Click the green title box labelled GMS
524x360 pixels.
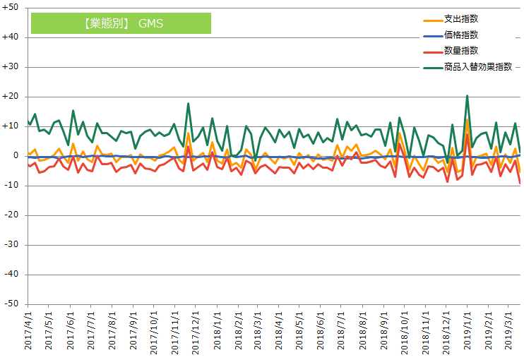121,23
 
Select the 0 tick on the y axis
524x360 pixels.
16,156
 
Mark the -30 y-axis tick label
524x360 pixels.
12,245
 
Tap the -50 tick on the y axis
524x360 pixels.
12,304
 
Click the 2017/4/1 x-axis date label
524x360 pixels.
28,332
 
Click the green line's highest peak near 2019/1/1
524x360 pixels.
467,96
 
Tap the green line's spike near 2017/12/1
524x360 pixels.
188,104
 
